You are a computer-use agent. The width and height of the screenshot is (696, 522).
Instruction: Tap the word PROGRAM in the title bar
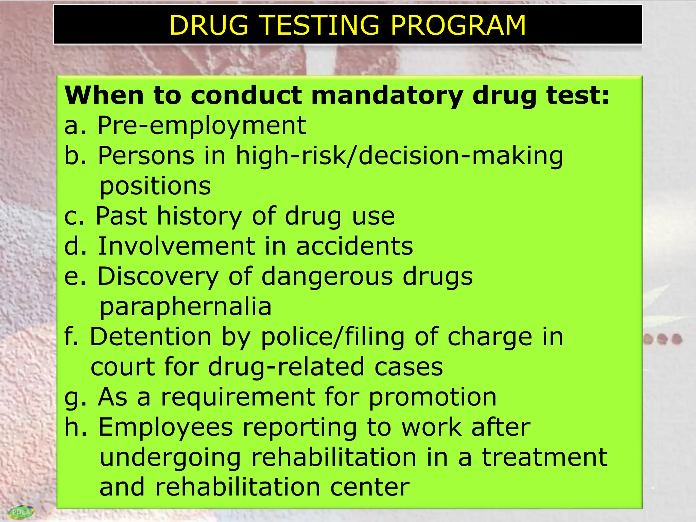click(x=458, y=25)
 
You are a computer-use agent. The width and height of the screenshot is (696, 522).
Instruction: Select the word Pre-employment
click(x=202, y=126)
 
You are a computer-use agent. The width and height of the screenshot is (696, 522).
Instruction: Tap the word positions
click(x=155, y=187)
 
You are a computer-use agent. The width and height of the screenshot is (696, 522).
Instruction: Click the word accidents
click(x=354, y=246)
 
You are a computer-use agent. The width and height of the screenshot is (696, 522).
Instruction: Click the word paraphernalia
click(x=186, y=307)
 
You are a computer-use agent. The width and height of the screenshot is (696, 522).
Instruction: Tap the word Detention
click(x=151, y=337)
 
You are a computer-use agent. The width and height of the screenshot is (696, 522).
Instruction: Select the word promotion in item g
click(x=432, y=398)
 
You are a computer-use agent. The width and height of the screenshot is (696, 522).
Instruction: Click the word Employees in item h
click(x=166, y=428)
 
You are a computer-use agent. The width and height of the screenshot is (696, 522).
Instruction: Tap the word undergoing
click(x=170, y=458)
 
